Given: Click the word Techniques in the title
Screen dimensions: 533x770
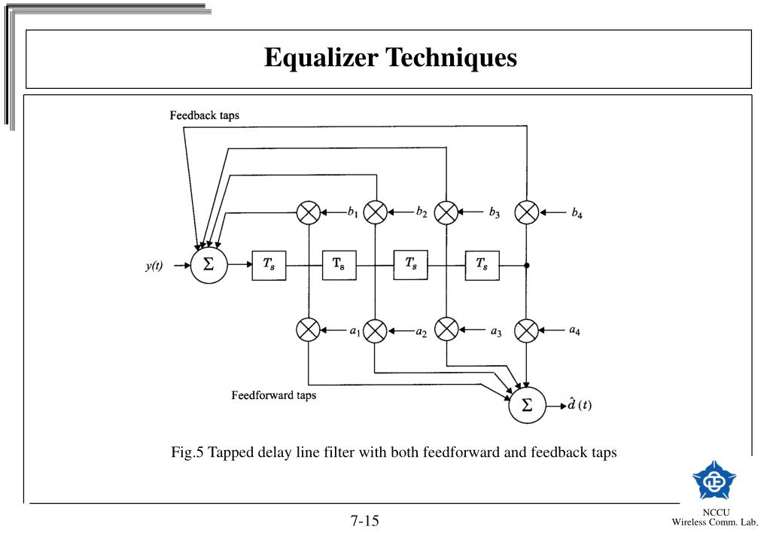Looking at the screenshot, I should click(x=452, y=58).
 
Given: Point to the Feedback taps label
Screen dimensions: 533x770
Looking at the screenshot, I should click(x=204, y=115).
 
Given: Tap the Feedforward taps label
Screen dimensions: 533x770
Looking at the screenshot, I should click(x=273, y=397).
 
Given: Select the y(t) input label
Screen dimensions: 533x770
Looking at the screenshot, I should click(x=156, y=266).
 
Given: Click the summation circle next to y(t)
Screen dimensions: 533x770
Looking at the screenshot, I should click(x=208, y=266).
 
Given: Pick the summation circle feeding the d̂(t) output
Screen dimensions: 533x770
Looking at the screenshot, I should click(x=527, y=406).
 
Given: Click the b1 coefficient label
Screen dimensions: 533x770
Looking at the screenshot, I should click(x=352, y=213).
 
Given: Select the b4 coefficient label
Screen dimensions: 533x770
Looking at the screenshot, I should click(x=576, y=213).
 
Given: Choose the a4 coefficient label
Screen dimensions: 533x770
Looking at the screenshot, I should click(x=575, y=330).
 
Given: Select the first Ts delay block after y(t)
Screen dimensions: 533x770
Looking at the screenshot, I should click(x=269, y=266).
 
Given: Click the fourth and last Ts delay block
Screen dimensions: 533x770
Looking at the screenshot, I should click(x=482, y=266).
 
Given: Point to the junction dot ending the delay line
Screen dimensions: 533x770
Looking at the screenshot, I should click(x=527, y=266).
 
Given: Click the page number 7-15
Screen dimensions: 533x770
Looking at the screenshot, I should click(x=365, y=520).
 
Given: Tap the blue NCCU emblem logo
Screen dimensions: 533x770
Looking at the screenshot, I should click(x=714, y=477).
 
